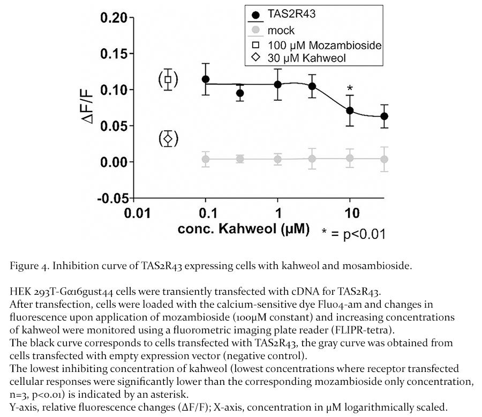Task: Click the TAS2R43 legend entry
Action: pos(291,14)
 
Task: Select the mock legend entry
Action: pos(281,31)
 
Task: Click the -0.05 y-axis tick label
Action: pos(114,198)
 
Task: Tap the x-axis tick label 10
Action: pos(349,213)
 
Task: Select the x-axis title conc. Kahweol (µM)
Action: pos(244,229)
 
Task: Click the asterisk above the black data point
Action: pos(350,88)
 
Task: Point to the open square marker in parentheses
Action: pos(168,80)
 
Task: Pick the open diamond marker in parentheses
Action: pos(168,139)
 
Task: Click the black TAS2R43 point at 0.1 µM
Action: pos(206,79)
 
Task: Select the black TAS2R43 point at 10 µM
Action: pos(350,110)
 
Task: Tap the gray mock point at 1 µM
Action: pos(277,159)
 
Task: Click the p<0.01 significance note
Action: pos(353,233)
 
